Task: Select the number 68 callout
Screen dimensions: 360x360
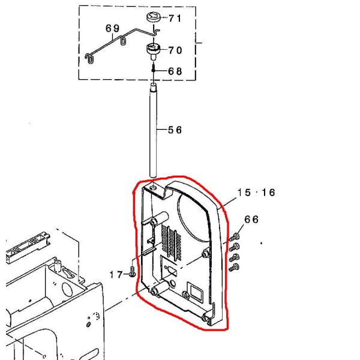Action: [x=174, y=71]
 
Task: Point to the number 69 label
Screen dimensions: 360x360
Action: [x=112, y=29]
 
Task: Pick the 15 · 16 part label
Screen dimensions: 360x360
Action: [x=256, y=193]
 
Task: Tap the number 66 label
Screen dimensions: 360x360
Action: [x=251, y=220]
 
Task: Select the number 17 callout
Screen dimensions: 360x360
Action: [x=116, y=274]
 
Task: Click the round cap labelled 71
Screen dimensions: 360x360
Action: [x=154, y=17]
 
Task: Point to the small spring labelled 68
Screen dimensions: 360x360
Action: [x=154, y=69]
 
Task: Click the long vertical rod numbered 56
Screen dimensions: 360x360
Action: [x=154, y=132]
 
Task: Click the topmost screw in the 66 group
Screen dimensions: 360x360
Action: [x=236, y=238]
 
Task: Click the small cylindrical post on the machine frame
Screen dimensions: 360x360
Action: [x=56, y=265]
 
